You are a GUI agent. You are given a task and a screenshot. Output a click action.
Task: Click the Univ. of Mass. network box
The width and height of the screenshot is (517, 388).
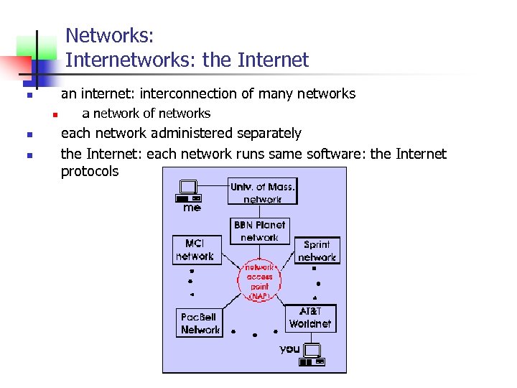pyautogui.click(x=262, y=192)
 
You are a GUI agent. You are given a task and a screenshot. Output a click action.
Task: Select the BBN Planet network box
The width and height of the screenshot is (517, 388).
pyautogui.click(x=260, y=231)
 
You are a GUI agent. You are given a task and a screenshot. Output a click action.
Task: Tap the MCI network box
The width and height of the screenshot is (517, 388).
pyautogui.click(x=195, y=249)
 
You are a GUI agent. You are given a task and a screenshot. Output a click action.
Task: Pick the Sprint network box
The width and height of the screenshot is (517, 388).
pyautogui.click(x=317, y=250)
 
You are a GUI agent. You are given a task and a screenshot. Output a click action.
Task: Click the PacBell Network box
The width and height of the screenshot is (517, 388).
pyautogui.click(x=199, y=323)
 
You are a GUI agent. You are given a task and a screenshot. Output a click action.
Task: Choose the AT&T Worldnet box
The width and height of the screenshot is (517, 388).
pyautogui.click(x=310, y=318)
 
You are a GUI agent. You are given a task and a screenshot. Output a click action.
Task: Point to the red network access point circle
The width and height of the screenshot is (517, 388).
pyautogui.click(x=260, y=280)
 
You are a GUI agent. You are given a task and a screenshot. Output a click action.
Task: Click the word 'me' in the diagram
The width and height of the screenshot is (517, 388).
pyautogui.click(x=192, y=208)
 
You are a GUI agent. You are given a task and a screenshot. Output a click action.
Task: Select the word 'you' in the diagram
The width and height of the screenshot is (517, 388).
pyautogui.click(x=289, y=348)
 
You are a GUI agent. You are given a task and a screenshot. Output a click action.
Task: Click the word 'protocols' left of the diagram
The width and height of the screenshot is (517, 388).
pyautogui.click(x=90, y=172)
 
